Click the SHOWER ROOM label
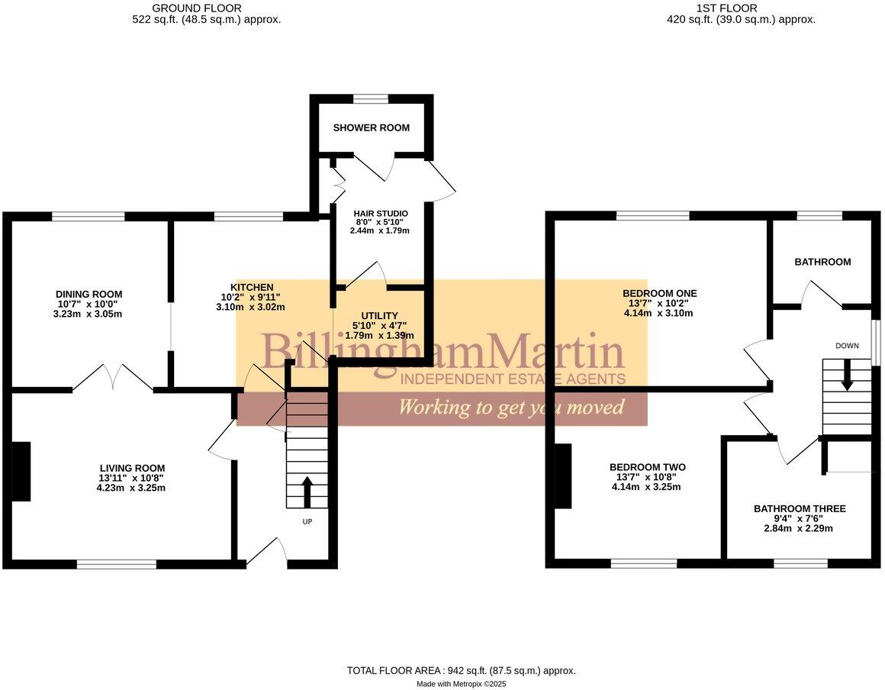[x=371, y=127]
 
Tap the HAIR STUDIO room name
[x=380, y=213]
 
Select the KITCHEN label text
[x=252, y=287]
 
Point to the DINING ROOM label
[x=88, y=294]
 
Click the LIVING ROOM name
[x=132, y=468]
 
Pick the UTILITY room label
[x=379, y=315]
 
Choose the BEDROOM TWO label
[x=647, y=467]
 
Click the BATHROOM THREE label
[x=799, y=508]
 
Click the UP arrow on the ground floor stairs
[x=307, y=492]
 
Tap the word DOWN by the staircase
[x=847, y=346]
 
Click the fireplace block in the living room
[x=21, y=472]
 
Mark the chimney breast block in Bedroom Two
[x=562, y=476]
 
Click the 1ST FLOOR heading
[x=726, y=8]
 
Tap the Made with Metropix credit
[x=461, y=684]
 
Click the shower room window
[x=371, y=98]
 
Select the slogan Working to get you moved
[x=510, y=407]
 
